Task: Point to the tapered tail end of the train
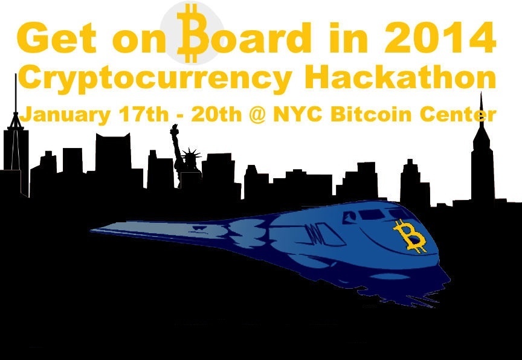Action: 106,229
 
